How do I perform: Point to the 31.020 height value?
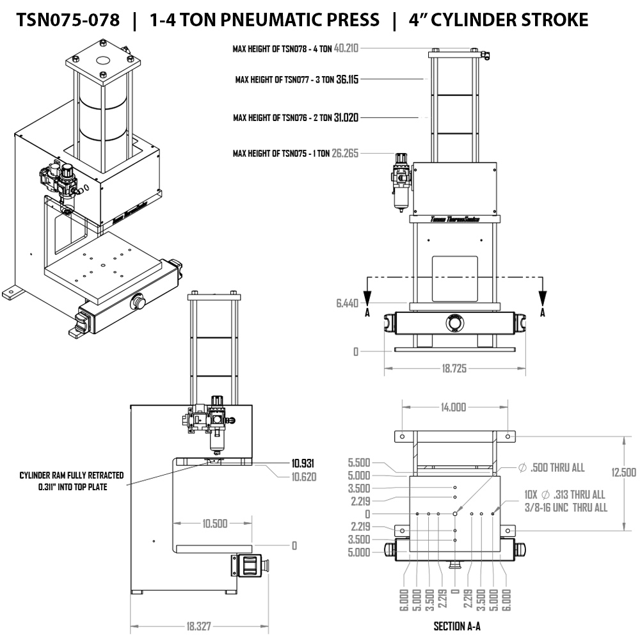[346, 118]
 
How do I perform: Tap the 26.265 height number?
[346, 154]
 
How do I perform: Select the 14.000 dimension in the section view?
[454, 407]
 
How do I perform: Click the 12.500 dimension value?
[623, 472]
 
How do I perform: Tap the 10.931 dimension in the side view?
[303, 463]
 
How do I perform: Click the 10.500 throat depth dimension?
[214, 524]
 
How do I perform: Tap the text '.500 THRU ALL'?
[557, 468]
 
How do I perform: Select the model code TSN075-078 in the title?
[68, 20]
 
